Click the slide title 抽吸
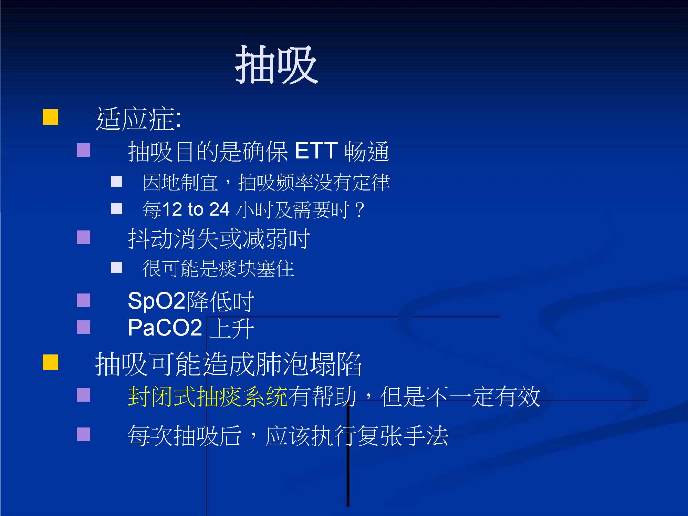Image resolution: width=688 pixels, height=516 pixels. pos(277,65)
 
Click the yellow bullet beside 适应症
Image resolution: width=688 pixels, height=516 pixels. pos(50,117)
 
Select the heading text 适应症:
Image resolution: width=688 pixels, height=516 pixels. pos(138,119)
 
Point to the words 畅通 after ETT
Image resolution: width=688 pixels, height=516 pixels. pos(367,151)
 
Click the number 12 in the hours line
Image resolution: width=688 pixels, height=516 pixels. pos(171,209)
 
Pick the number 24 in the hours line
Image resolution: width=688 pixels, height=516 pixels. pos(219,209)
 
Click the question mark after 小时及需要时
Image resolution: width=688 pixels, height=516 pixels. pos(359,210)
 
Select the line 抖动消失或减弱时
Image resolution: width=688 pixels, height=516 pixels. pos(219,238)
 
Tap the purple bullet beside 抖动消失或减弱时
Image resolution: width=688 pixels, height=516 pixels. pos(83,237)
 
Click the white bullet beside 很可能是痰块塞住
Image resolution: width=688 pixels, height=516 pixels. pos(116,267)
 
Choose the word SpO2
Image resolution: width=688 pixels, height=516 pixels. pos(157,301)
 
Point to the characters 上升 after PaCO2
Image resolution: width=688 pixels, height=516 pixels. pos(232,328)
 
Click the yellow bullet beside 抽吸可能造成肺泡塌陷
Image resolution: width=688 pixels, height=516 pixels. pos(50,362)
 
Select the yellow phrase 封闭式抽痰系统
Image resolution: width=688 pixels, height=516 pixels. pos(208,396)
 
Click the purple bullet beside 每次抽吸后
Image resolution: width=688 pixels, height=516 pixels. pos(83,434)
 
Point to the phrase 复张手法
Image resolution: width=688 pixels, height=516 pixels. pos(403,435)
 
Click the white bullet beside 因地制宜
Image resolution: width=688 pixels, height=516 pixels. pos(116,181)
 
